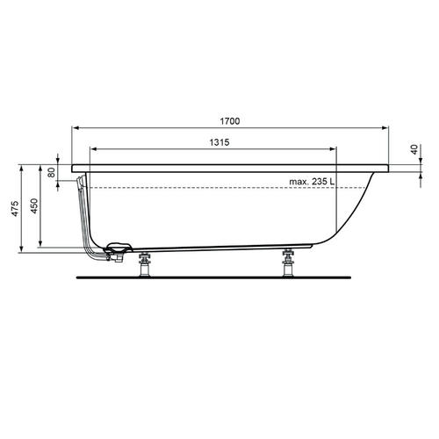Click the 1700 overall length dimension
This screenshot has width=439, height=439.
coord(231,120)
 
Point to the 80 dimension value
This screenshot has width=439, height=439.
coord(53,172)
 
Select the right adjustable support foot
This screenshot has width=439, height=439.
coord(287,262)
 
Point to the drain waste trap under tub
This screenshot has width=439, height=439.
coord(117,253)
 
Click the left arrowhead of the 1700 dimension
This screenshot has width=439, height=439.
coord(75,127)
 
